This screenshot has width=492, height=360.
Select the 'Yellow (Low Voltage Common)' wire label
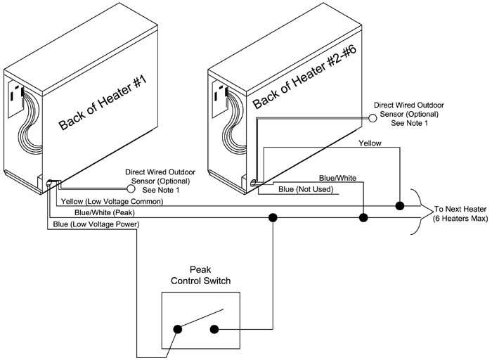coord(112,202)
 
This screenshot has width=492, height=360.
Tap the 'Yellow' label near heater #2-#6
coord(370,143)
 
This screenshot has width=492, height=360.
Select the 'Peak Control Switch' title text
coord(200,276)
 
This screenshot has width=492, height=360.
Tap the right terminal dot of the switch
coord(214,328)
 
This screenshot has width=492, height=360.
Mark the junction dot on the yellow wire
coord(399,207)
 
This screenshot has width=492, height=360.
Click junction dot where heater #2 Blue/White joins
coord(363,218)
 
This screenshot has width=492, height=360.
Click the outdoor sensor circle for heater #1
coord(131,188)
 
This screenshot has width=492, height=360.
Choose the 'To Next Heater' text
coord(460,210)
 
